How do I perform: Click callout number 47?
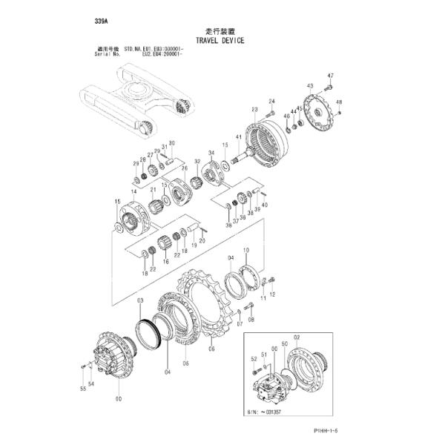coord(331,76)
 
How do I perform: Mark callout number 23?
coord(254,110)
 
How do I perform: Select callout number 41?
coord(239,138)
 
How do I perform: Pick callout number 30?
coord(172,143)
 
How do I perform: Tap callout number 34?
coord(211,153)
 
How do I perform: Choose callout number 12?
coord(271,294)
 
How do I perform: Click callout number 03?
coord(139,300)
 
